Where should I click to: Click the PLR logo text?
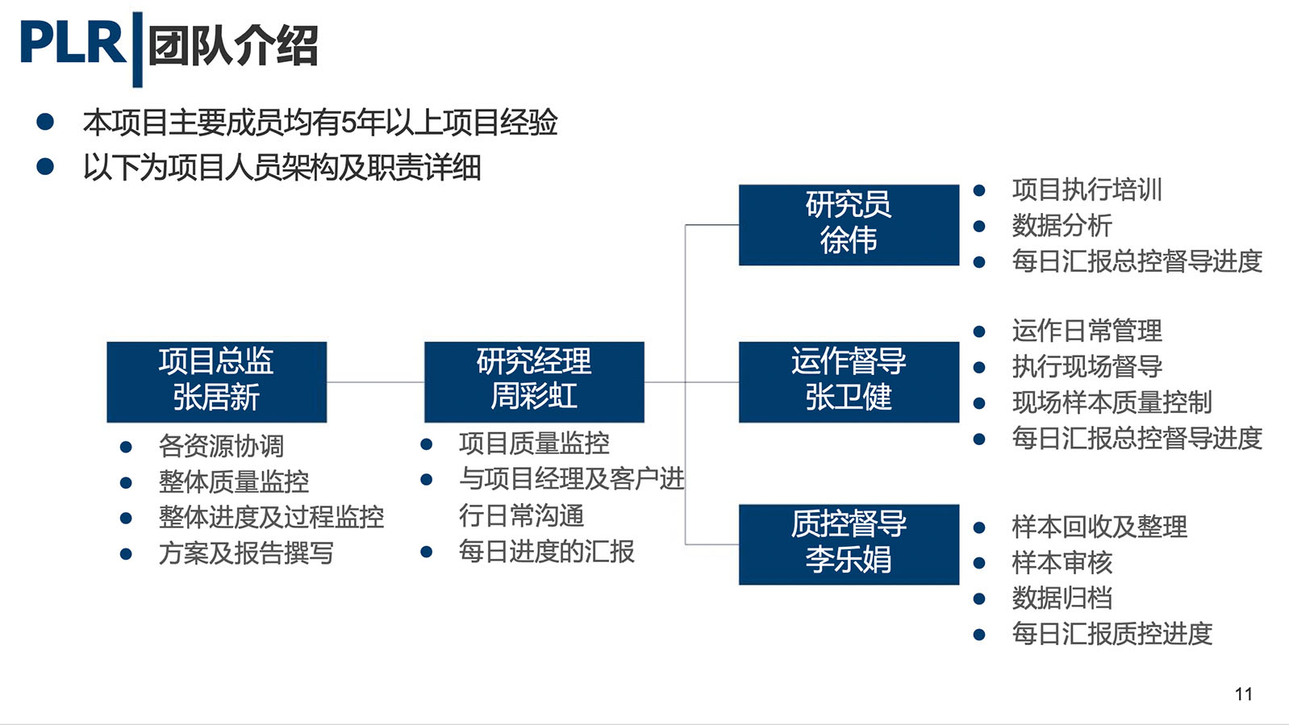(x=73, y=41)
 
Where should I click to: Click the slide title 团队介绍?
(x=233, y=46)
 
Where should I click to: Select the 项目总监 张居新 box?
(x=216, y=382)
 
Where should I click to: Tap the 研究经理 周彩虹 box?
(x=534, y=382)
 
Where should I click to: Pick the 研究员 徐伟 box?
(x=849, y=225)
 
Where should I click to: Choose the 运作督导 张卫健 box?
(x=849, y=382)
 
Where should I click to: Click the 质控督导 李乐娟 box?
(x=849, y=544)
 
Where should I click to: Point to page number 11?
(x=1244, y=694)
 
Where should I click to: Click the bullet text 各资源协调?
(x=222, y=446)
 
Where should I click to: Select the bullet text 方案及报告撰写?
(x=246, y=553)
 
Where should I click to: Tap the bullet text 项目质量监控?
(x=534, y=444)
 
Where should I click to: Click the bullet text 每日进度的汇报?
(x=547, y=552)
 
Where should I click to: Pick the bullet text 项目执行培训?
(x=1087, y=190)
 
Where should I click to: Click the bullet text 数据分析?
(x=1062, y=226)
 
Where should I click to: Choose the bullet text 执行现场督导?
(x=1087, y=366)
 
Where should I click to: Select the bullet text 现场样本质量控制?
(x=1112, y=402)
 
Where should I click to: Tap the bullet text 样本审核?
(x=1062, y=563)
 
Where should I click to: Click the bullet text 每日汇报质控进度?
(x=1112, y=634)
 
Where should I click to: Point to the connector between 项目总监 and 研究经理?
(x=376, y=382)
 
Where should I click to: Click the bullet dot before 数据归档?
(x=979, y=599)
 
